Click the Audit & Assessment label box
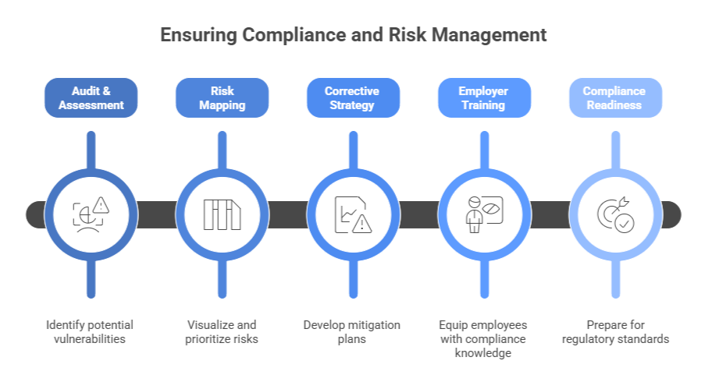[x=91, y=97]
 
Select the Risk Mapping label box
[x=222, y=97]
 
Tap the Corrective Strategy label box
[x=352, y=97]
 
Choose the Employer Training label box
[x=482, y=97]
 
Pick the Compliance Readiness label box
[x=614, y=97]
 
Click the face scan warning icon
[x=91, y=214]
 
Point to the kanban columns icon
[x=222, y=214]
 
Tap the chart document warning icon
[x=352, y=214]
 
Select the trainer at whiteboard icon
[x=482, y=214]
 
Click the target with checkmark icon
[x=614, y=214]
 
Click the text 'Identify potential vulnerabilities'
[x=91, y=331]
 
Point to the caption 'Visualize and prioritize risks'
[x=222, y=331]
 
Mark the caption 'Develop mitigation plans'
[x=352, y=331]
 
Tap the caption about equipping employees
[x=482, y=338]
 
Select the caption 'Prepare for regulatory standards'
[x=614, y=331]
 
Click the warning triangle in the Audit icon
[x=101, y=206]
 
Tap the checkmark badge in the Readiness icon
[x=623, y=223]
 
